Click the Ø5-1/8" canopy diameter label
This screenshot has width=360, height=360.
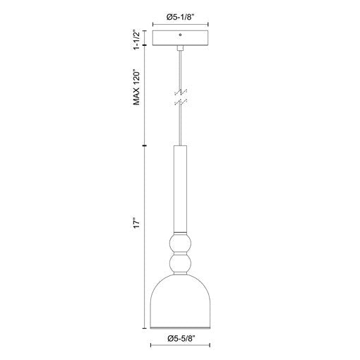181,17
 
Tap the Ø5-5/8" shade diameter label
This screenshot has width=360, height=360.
181,339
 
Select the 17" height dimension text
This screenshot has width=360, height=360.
137,223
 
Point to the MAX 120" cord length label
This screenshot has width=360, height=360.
137,87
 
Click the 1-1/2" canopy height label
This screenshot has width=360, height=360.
137,40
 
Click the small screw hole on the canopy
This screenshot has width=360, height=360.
180,35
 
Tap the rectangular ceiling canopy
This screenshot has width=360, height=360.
181,38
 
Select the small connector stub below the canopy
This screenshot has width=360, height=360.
180,48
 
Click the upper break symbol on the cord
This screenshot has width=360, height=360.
181,92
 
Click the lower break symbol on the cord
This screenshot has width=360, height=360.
181,102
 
